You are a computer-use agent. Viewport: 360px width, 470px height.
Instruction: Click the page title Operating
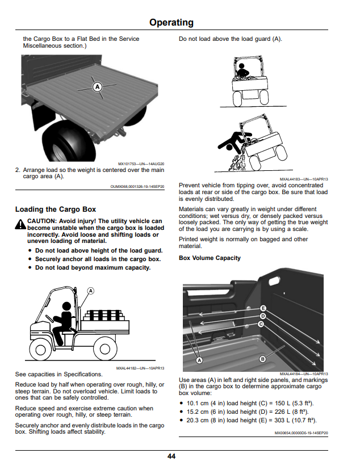[171, 23]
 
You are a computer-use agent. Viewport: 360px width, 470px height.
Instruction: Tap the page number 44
[171, 456]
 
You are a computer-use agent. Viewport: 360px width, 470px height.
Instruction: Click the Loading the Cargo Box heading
[56, 209]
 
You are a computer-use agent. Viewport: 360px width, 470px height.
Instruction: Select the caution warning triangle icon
[20, 224]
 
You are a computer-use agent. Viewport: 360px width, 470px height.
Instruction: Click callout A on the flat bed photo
[97, 87]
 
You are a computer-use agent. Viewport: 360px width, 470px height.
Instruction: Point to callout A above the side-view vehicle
[90, 291]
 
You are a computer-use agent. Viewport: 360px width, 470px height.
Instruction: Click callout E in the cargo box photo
[263, 308]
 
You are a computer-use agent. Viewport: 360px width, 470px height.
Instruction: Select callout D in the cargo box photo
[263, 316]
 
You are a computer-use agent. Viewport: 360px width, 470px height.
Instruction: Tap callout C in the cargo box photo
[261, 324]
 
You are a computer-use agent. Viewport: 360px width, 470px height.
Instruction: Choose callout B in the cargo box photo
[262, 359]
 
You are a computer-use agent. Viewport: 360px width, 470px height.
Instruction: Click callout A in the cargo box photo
[199, 360]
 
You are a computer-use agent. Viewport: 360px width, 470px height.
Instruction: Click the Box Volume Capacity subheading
[210, 258]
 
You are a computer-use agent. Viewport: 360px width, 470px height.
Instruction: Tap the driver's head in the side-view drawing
[66, 307]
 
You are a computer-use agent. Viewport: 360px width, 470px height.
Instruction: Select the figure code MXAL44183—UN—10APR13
[304, 179]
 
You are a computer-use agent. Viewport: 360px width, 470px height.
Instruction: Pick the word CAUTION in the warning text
[42, 221]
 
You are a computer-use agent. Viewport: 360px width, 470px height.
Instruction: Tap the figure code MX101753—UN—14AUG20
[141, 164]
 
